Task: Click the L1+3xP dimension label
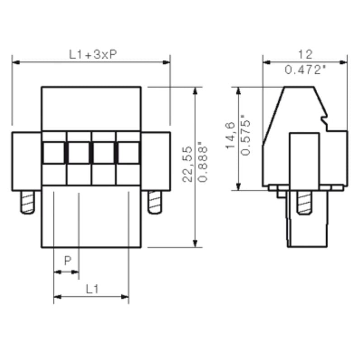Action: pos(93,54)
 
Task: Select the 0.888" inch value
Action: pos(203,164)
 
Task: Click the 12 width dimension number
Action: pos(305,55)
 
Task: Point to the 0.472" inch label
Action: pos(305,70)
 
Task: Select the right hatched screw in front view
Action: pos(155,202)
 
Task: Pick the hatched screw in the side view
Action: pos(305,202)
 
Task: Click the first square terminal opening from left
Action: pos(54,152)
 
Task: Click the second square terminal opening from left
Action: pos(79,152)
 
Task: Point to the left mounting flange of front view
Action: pos(27,161)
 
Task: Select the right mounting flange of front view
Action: pos(156,161)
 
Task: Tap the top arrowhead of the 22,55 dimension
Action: pos(195,90)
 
